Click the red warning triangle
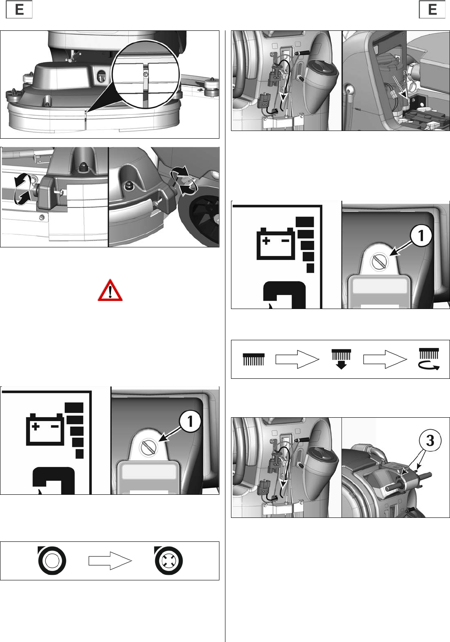coord(110,290)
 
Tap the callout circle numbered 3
coord(429,440)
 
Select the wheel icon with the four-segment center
coord(168,560)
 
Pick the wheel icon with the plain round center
coord(52,560)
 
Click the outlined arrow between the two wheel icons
coord(110,561)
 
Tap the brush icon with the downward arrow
coord(341,359)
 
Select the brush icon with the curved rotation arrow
coord(429,359)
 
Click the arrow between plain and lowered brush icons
coord(297,359)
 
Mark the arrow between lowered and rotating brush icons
coord(385,359)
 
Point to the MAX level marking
coord(357,109)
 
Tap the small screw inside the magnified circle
coord(146,74)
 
